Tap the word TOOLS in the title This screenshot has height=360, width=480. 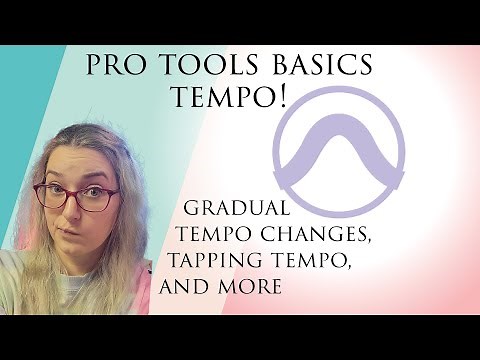(198, 66)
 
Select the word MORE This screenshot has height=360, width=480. (254, 287)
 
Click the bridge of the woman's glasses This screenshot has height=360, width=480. (71, 190)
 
